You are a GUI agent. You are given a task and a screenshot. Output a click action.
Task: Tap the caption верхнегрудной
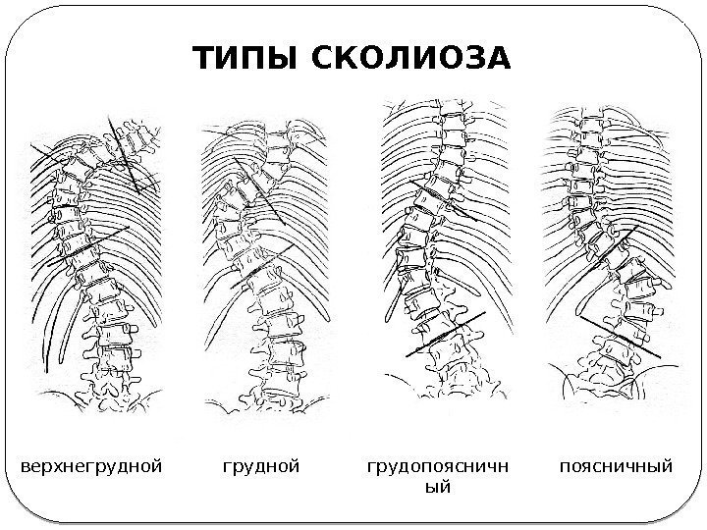[90, 461]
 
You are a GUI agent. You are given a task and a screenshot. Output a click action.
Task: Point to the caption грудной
[259, 461]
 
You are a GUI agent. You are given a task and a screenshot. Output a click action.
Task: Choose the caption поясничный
[616, 461]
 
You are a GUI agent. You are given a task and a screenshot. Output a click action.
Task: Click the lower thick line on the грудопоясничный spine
[447, 335]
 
